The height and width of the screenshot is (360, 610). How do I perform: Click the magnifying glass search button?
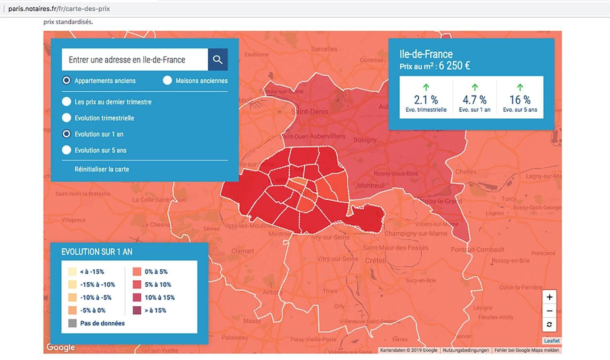pos(218,60)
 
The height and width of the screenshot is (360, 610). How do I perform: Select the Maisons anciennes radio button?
pos(167,80)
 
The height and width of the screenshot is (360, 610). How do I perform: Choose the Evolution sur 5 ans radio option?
pos(66,150)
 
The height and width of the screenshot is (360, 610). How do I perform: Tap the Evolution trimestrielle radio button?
pos(66,118)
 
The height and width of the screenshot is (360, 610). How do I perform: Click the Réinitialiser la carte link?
pos(102,169)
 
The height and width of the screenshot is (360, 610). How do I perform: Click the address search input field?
pos(135,60)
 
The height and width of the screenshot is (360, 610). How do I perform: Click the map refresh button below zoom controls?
pos(549,324)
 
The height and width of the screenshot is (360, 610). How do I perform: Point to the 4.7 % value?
pos(474,100)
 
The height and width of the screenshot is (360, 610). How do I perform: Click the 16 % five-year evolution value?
pos(520,100)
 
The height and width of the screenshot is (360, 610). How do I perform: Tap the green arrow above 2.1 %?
pos(426,87)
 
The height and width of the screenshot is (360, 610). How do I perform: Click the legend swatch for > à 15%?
pos(137,310)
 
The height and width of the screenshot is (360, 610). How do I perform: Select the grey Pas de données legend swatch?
pos(72,323)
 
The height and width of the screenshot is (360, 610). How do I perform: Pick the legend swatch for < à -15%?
pos(72,272)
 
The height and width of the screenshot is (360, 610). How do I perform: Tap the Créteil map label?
pos(375,260)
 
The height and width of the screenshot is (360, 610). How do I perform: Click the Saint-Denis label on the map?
pos(310,112)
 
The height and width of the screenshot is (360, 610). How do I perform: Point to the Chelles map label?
pos(466,171)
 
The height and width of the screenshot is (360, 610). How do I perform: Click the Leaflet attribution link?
pos(552,341)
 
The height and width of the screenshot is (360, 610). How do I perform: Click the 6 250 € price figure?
pos(454,66)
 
